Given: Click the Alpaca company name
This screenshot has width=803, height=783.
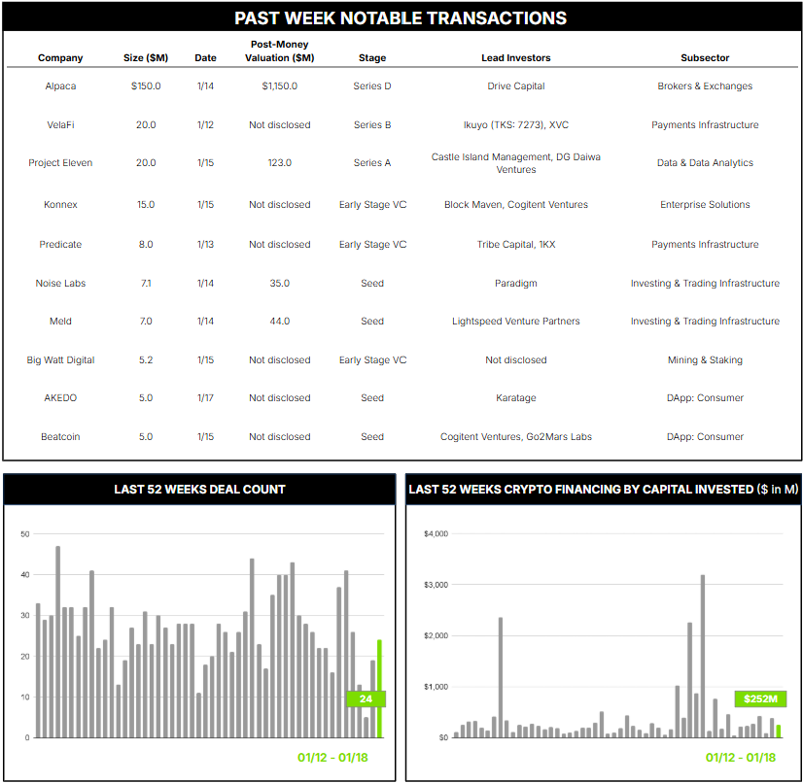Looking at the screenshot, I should point(60,86).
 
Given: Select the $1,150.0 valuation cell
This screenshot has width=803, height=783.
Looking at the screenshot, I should point(279,86).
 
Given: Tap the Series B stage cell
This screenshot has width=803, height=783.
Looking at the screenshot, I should point(372,124).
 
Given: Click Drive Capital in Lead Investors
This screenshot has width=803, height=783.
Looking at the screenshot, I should point(515,86).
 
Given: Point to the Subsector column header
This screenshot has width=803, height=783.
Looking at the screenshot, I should point(705,58).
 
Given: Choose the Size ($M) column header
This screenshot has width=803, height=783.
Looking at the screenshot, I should point(146,58).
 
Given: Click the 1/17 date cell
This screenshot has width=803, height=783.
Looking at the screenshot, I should point(205,398).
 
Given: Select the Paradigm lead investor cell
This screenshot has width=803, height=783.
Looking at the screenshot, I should point(515,284).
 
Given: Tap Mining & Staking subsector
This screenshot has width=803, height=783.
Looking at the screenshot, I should point(705,360).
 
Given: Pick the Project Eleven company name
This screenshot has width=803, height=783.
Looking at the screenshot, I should point(60,163).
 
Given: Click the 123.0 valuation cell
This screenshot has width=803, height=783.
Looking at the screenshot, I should point(279,163).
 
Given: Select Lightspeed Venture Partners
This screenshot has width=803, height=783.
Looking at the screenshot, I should point(515,322).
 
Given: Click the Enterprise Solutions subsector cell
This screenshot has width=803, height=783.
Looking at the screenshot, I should point(705,205).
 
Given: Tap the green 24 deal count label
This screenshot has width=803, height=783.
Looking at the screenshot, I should point(367,698).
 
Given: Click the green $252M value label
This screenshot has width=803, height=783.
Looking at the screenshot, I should point(760,699).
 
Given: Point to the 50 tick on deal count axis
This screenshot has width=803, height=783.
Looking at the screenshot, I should point(25,533).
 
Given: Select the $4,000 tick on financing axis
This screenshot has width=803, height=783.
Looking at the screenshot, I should point(436,533).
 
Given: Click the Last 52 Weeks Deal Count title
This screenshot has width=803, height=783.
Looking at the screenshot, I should point(199,490).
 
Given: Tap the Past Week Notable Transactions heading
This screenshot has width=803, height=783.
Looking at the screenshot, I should point(401,18).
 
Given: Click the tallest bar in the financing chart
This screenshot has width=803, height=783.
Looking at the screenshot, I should point(703,656).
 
